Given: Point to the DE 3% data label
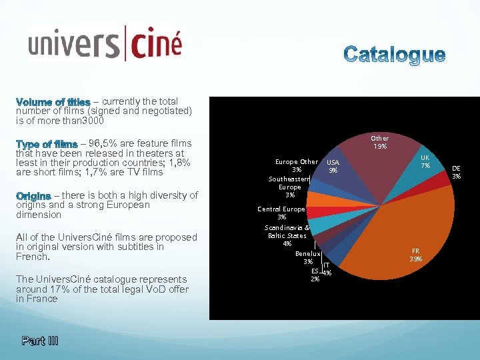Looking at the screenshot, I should (x=456, y=172).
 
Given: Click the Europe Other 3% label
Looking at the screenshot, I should (x=297, y=165).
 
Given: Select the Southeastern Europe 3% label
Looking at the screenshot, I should (x=289, y=187).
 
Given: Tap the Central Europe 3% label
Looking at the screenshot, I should (x=281, y=213).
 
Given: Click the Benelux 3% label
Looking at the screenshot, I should (x=308, y=257).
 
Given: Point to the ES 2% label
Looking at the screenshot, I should (x=315, y=275).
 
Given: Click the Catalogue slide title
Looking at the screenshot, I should (x=395, y=55).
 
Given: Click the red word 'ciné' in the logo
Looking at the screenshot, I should (x=155, y=45).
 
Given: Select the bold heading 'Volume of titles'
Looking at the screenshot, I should (x=53, y=102).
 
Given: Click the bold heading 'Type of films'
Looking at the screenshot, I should (x=47, y=143).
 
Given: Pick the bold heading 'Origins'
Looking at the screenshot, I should (x=33, y=195).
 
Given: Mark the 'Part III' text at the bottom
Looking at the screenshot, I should (x=39, y=341).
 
